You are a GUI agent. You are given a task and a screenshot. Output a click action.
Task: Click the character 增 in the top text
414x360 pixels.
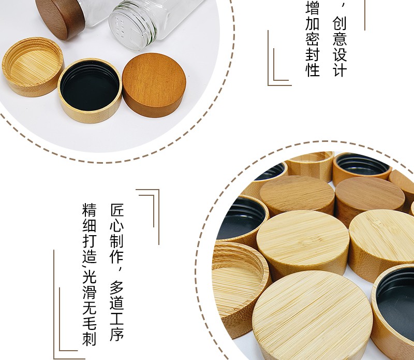pos(313,7)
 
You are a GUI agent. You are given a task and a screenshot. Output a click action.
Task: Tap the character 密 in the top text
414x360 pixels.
pos(313,39)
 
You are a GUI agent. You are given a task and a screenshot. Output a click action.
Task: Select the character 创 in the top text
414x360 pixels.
pos(339,23)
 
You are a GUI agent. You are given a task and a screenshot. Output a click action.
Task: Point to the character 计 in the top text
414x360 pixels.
pos(339,69)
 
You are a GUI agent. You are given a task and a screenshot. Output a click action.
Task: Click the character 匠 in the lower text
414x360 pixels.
pos(117,210)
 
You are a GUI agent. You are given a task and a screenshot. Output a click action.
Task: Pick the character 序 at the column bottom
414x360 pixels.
pos(117,334)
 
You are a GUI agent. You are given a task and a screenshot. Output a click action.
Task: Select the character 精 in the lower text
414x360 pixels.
pos(90,210)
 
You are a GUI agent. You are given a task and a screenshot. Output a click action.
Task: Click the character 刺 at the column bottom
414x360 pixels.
pos(90,339)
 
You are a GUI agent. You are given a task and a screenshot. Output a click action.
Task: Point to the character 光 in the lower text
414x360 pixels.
pos(90,276)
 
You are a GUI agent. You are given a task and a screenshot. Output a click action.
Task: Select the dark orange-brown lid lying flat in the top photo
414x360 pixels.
pos(154,85)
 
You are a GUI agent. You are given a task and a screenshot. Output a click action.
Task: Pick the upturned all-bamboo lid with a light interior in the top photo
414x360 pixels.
pos(33,67)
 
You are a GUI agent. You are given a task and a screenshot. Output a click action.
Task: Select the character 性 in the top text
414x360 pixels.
pos(313,70)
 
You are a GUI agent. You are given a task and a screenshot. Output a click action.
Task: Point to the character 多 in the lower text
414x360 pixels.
pos(117,287)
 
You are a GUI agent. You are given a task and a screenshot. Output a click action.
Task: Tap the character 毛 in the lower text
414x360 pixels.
pos(90,323)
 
